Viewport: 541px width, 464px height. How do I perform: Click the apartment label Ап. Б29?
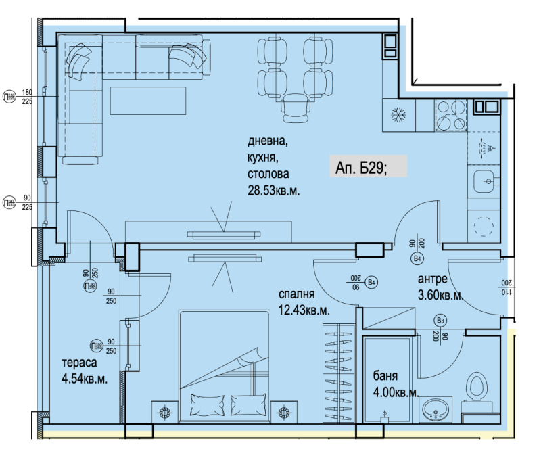(361, 167)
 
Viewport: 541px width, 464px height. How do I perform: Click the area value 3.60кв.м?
(440, 296)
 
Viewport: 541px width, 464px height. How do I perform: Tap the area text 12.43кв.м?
(304, 311)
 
